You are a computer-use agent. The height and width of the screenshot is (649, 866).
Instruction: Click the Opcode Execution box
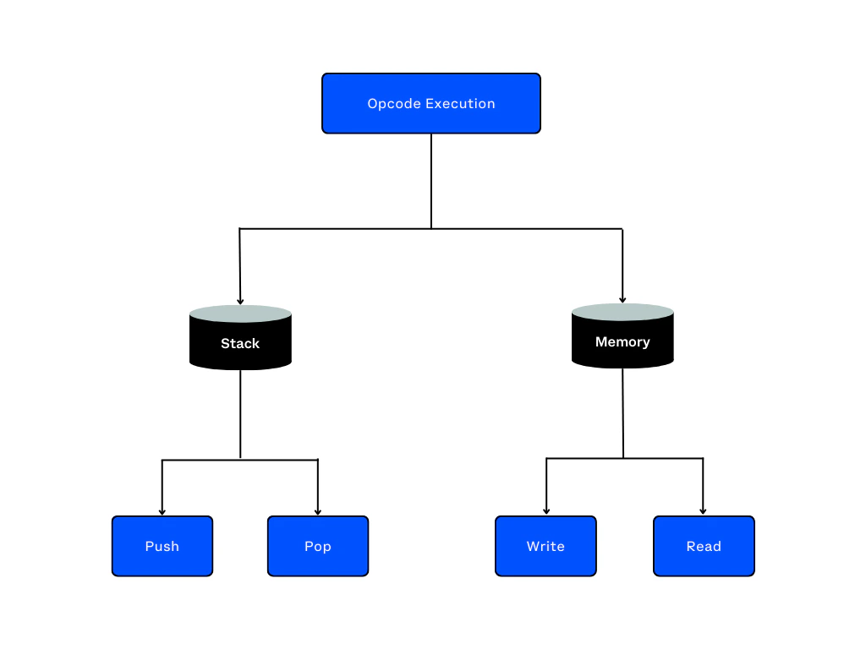[x=431, y=103]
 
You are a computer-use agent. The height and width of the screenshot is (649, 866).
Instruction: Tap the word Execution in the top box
[x=460, y=104]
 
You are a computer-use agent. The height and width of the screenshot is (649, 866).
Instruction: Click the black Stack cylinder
[x=240, y=344]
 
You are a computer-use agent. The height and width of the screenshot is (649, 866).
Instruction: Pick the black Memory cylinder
[x=622, y=342]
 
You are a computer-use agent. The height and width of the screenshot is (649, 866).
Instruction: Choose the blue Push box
[x=162, y=546]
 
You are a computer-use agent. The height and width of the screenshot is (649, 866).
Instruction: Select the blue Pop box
[x=318, y=546]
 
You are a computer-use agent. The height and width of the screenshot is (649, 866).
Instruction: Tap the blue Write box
[x=545, y=546]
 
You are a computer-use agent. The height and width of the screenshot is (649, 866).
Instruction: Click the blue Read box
[x=704, y=546]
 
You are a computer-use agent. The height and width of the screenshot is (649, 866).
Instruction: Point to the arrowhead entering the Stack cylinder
[x=240, y=300]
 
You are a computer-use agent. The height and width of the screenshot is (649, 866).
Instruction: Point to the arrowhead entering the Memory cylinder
[x=623, y=298]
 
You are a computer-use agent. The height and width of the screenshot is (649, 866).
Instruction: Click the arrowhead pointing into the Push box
[x=162, y=511]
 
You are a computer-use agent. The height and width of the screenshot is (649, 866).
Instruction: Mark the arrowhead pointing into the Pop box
[x=318, y=511]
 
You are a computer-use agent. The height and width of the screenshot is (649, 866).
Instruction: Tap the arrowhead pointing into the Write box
[x=546, y=511]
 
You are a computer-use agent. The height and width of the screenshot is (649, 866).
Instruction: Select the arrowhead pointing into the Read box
[x=703, y=511]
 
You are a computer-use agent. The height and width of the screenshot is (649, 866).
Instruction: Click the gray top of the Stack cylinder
[x=240, y=314]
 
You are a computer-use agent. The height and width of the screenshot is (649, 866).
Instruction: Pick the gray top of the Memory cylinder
[x=622, y=312]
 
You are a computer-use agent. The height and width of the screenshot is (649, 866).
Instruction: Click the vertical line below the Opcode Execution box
[x=431, y=182]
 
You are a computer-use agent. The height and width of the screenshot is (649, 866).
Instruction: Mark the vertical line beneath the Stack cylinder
[x=240, y=414]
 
